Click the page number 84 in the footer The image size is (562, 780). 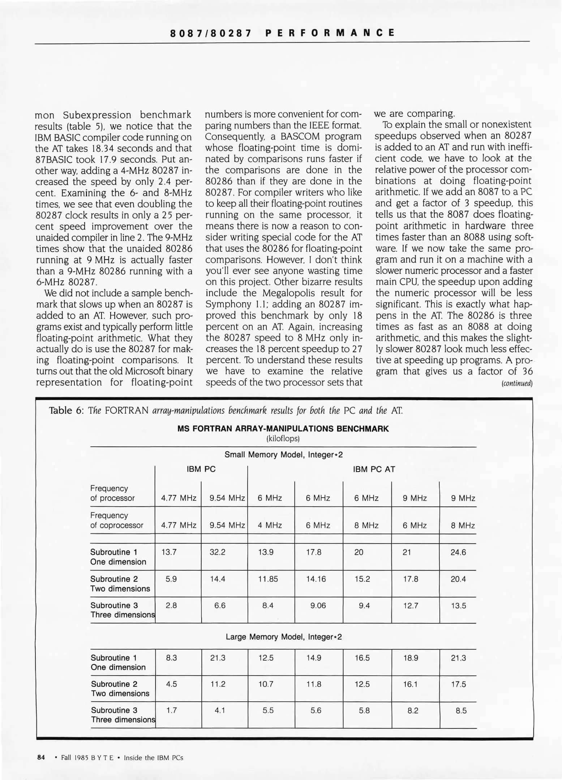[x=41, y=757]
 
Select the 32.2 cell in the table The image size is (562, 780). [x=218, y=552]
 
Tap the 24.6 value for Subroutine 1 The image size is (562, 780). [x=458, y=552]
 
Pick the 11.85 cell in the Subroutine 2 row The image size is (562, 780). [x=268, y=579]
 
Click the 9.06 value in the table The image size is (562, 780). [x=318, y=606]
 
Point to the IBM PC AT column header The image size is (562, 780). [x=374, y=469]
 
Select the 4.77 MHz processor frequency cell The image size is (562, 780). [x=179, y=498]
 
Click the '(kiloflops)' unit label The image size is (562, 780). [x=283, y=438]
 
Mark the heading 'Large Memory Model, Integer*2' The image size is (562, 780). [x=283, y=637]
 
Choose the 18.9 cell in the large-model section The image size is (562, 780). [x=411, y=658]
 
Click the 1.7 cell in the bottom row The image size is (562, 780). [x=171, y=711]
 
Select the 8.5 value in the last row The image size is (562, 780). [x=461, y=711]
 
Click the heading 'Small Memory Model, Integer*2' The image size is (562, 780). [x=283, y=455]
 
